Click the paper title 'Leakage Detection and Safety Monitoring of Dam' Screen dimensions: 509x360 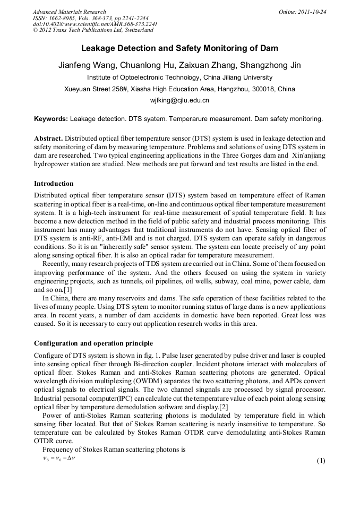pos(179,48)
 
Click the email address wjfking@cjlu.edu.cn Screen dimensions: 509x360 pos(179,100)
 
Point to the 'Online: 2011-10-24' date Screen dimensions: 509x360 pos(302,12)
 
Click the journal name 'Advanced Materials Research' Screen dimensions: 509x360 pos(69,12)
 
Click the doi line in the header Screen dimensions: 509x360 pos(95,24)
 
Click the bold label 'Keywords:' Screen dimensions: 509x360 pos(51,119)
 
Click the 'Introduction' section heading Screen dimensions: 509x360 pos(54,184)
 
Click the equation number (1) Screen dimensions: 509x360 pos(320,460)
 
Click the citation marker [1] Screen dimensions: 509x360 pos(67,290)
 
